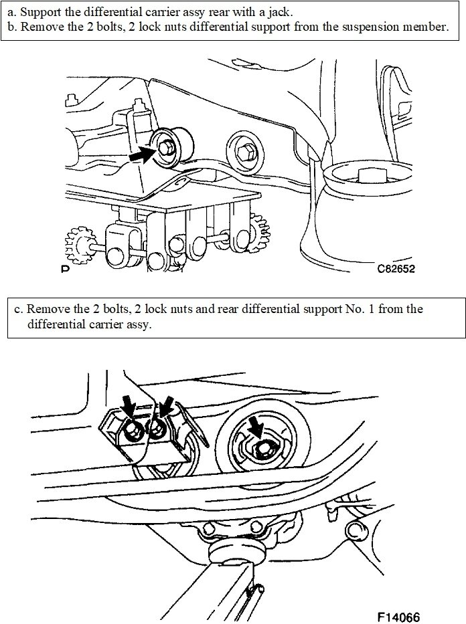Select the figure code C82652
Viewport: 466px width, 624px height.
click(x=397, y=270)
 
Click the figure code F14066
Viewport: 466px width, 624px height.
click(x=398, y=615)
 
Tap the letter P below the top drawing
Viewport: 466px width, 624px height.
click(x=64, y=270)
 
